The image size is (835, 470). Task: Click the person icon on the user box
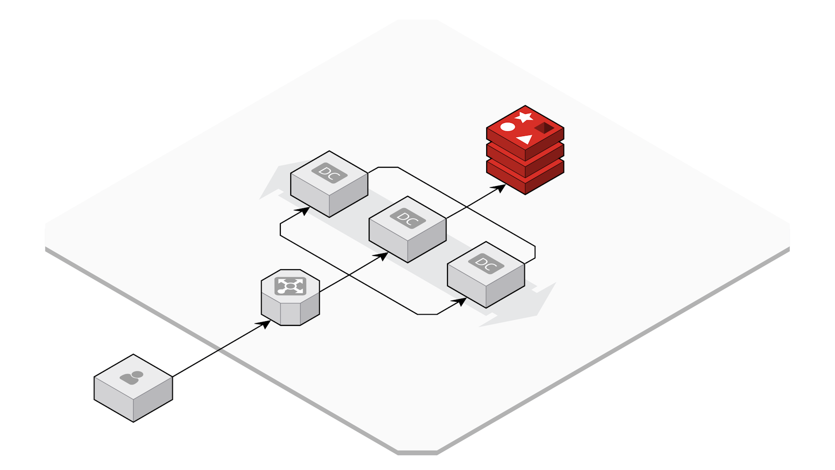(x=132, y=377)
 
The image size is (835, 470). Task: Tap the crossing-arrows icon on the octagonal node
(x=290, y=286)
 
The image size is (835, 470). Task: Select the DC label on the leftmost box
(x=329, y=173)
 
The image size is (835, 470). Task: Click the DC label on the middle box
(x=408, y=218)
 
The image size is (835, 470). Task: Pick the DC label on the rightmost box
(x=486, y=264)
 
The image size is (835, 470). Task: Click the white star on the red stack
(x=524, y=117)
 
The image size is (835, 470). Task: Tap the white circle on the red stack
(x=507, y=127)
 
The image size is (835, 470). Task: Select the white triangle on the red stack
(x=525, y=139)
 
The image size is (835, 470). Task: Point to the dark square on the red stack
(x=544, y=128)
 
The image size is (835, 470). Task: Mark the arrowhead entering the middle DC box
(x=383, y=256)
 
